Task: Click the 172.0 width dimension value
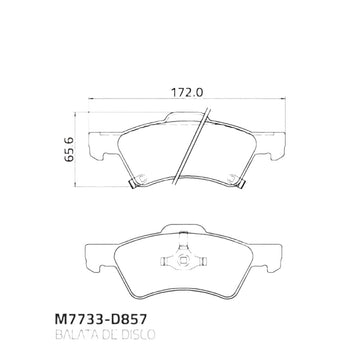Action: [x=187, y=92]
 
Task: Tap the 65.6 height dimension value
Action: [x=69, y=149]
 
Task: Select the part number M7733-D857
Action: [x=100, y=320]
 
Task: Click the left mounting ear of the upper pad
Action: [x=104, y=146]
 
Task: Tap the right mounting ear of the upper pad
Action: [x=269, y=146]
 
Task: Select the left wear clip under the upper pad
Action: [x=133, y=184]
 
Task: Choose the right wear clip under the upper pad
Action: [x=241, y=184]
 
